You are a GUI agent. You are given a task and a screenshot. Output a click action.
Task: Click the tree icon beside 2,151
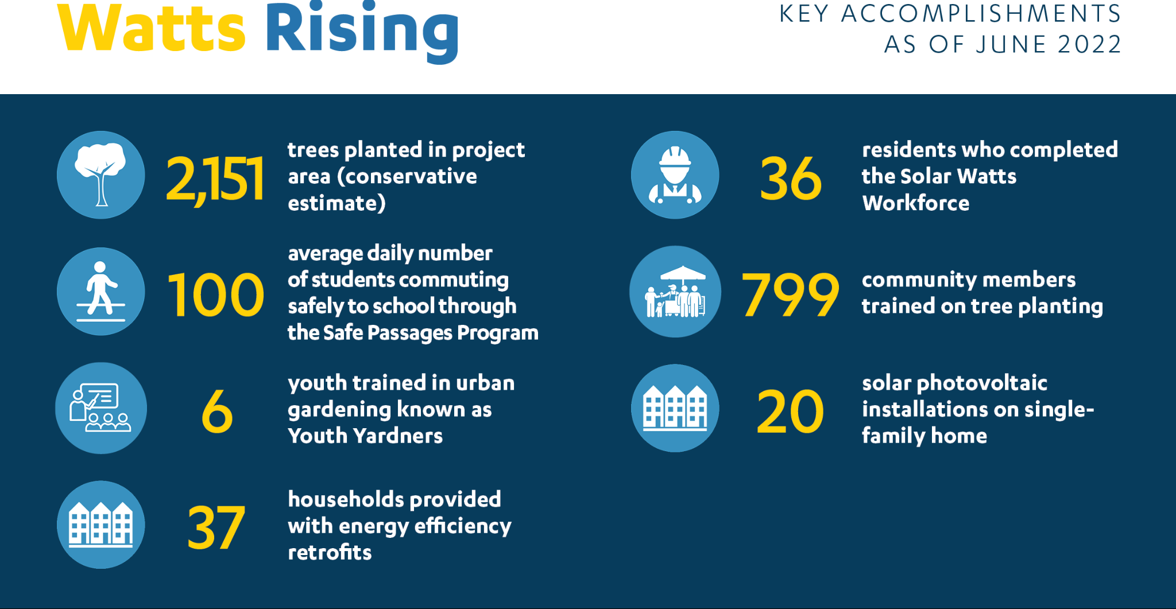(100, 175)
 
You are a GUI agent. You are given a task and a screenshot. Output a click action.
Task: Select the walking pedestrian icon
(100, 292)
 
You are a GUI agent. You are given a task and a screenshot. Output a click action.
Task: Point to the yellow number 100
(215, 295)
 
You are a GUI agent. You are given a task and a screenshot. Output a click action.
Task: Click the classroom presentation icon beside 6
(100, 408)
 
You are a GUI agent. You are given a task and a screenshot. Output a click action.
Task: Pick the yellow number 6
(217, 412)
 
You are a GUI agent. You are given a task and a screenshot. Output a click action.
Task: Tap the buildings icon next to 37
(100, 525)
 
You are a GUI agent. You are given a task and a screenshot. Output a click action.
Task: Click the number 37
(216, 527)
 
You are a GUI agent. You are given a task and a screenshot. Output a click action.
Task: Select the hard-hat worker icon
(675, 175)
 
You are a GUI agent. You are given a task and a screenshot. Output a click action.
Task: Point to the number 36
(791, 179)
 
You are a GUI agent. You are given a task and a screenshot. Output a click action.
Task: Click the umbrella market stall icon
(675, 292)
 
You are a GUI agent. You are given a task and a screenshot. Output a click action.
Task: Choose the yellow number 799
(790, 295)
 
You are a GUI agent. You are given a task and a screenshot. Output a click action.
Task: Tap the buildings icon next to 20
(675, 408)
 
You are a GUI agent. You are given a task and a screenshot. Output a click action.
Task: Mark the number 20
(790, 412)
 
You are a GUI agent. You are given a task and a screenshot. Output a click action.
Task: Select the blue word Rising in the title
(362, 32)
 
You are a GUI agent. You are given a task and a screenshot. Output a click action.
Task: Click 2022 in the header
(1089, 44)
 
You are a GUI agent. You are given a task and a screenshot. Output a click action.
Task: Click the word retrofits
(330, 552)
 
